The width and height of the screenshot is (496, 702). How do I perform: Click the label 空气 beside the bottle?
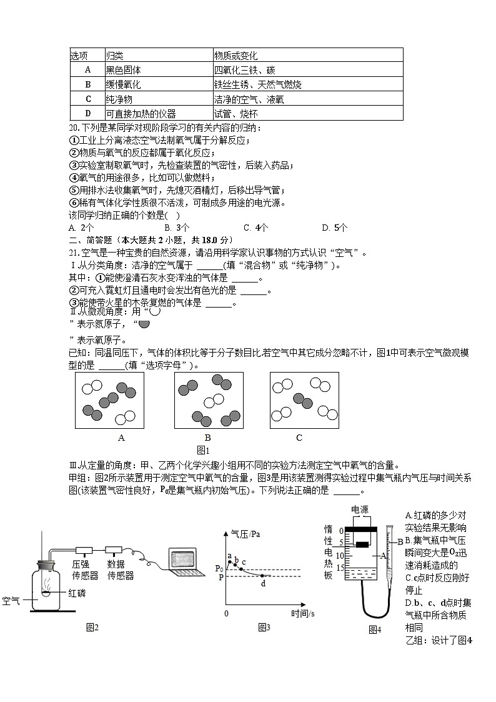tap(11, 601)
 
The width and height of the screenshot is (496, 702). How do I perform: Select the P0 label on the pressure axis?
tap(219, 568)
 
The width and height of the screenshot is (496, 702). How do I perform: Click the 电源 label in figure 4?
tap(362, 509)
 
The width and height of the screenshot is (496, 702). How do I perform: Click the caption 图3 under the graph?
tap(264, 628)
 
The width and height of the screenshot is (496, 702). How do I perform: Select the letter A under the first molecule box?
tap(121, 438)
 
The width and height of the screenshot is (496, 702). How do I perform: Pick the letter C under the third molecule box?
tap(299, 438)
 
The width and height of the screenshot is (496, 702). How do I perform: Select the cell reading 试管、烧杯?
tap(236, 114)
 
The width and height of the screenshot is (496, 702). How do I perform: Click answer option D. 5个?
tap(335, 228)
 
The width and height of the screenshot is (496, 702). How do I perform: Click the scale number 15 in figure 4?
tap(340, 568)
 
